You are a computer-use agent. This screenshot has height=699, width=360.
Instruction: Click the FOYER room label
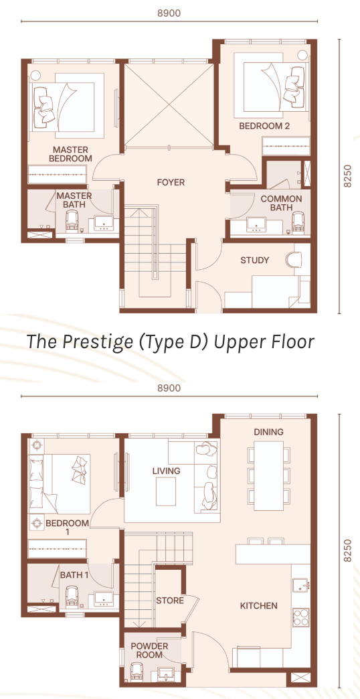click(171, 182)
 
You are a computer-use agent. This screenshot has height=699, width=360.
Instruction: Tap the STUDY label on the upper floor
click(255, 260)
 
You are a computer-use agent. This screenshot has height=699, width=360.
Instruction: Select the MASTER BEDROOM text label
click(70, 154)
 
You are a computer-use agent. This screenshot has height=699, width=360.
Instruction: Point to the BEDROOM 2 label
click(265, 126)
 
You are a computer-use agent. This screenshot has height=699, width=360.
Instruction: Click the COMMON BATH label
click(281, 204)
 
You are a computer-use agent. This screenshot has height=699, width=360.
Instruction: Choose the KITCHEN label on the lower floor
click(259, 606)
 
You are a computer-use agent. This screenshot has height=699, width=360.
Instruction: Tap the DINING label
click(269, 432)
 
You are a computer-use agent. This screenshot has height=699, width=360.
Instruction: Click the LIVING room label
click(166, 471)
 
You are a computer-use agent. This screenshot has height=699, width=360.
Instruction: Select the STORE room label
click(170, 601)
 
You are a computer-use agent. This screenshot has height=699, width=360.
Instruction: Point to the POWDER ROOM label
click(149, 651)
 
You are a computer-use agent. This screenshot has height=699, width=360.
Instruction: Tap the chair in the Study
click(294, 259)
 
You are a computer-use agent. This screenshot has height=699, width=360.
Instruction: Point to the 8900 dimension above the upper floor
click(169, 13)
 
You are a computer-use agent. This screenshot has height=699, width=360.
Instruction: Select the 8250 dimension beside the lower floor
click(347, 551)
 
